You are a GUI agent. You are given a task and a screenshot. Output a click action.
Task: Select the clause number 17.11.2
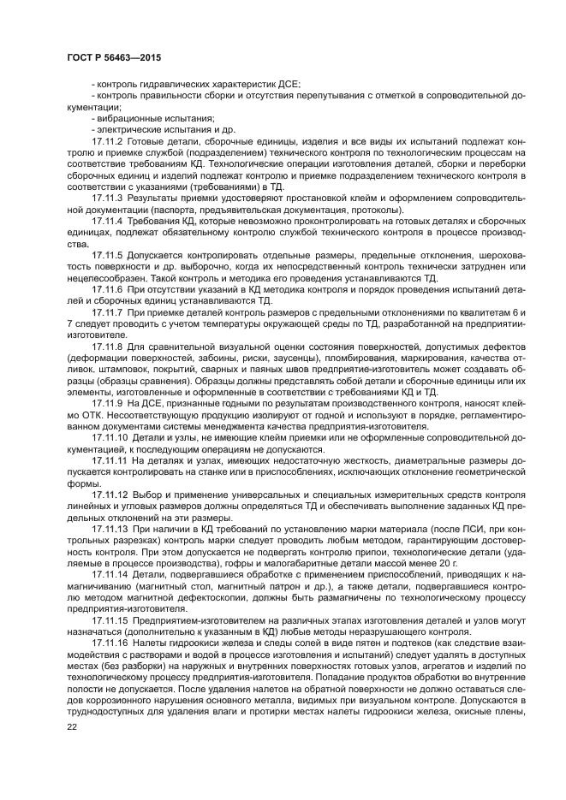[107, 139]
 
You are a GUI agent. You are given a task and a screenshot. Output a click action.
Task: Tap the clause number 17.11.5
[107, 255]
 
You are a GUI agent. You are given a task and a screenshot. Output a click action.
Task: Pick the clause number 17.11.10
[109, 436]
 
